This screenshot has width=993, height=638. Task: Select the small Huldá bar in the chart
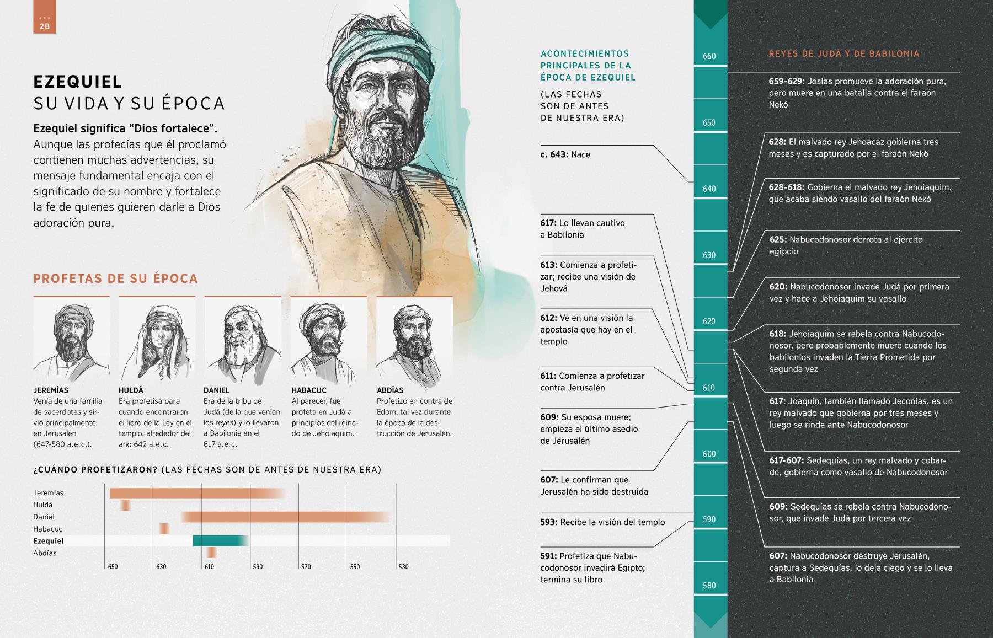[x=126, y=505]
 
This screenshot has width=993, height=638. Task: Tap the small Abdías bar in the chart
[x=211, y=553]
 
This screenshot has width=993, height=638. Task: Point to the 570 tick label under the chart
[x=306, y=567]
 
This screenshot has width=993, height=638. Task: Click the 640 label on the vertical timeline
[x=709, y=189]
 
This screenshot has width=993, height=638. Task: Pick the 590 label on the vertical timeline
[x=709, y=519]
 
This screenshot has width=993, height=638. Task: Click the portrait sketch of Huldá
[x=157, y=340]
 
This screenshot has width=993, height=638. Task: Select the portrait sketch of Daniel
[x=243, y=340]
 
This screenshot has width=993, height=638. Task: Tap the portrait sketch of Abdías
[x=414, y=340]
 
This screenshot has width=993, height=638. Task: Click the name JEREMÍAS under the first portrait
[x=51, y=390]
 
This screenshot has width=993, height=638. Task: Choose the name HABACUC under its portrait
[x=309, y=390]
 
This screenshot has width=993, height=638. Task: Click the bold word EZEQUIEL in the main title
[x=78, y=82]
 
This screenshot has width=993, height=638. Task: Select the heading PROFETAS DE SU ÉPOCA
[x=115, y=278]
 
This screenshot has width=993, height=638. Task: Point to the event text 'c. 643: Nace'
[x=565, y=154]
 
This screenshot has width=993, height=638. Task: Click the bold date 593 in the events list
[x=548, y=522]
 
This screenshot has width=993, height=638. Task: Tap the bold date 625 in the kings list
[x=778, y=240]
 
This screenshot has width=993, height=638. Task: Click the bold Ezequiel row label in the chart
[x=48, y=541]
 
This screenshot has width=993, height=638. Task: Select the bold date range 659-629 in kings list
[x=787, y=82]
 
